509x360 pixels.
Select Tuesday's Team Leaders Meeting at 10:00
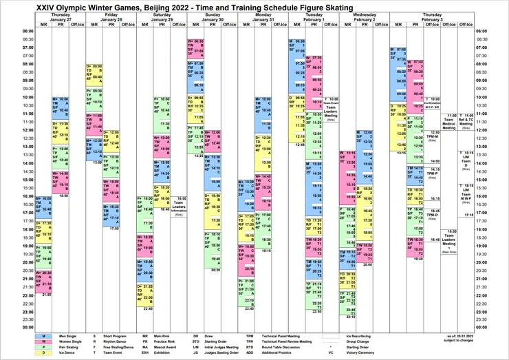tap(331, 106)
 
